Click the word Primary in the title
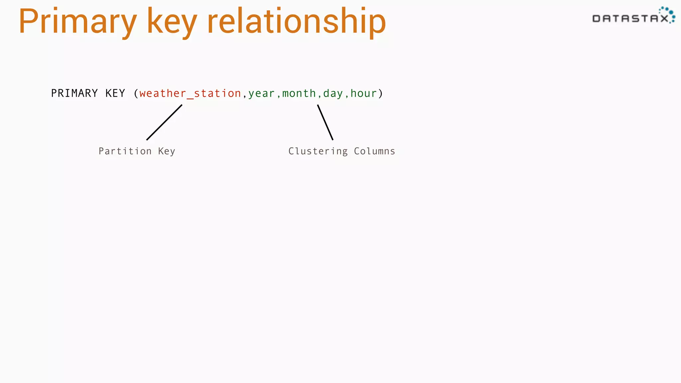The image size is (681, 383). pos(77,22)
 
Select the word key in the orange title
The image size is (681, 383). pos(172,22)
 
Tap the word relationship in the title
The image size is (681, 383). pos(296,22)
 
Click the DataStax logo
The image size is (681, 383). pos(633,16)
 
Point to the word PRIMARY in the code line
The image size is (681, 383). pos(74,93)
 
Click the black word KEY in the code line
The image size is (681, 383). pos(115,93)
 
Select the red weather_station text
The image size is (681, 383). pos(190,94)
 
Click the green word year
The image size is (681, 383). pos(261,94)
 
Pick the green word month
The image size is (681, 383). pos(299,94)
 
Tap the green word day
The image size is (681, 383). pos(333,94)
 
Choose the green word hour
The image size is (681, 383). pos(363,94)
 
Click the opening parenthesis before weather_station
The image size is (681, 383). pos(136,94)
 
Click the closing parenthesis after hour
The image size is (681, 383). pos(380,94)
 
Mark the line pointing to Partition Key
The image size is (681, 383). pos(164,122)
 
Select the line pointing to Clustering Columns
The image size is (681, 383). pos(325,122)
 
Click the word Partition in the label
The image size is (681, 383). pos(125,151)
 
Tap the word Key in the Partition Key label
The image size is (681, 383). pos(166,151)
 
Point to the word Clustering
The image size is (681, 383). pos(318,151)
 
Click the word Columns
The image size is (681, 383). pos(374,151)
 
